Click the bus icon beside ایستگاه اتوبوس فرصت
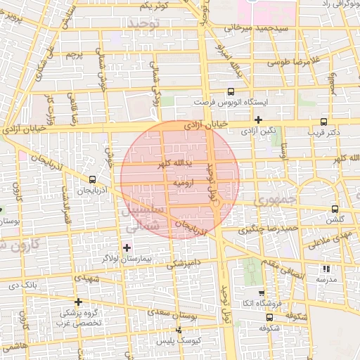231,91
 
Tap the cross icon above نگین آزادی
259,120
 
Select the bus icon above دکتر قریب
323,121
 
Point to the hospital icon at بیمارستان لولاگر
127,247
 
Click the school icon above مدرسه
326,268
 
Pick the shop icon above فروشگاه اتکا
262,292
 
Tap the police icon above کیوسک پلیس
179,329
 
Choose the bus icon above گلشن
335,209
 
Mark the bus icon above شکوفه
266,316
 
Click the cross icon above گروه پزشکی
78,302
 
